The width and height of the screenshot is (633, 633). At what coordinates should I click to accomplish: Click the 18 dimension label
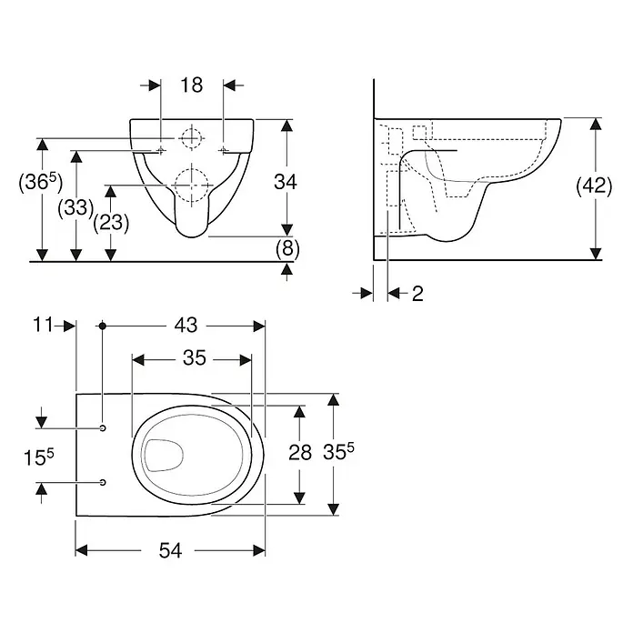[191, 85]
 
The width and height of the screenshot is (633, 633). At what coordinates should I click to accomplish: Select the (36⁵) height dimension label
[41, 182]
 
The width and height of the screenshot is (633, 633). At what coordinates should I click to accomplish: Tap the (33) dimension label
[75, 208]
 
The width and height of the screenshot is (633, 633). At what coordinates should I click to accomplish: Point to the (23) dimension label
[111, 223]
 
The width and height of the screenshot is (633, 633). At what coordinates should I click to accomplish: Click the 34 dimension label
[286, 182]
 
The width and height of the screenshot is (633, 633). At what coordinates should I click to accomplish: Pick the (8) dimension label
[287, 248]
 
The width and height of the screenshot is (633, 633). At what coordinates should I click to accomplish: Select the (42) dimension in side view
[594, 186]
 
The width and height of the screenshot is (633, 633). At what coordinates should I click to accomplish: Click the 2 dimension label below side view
[417, 294]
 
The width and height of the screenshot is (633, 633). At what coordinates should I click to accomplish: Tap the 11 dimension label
[43, 324]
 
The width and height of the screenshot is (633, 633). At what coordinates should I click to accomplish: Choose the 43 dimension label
[186, 325]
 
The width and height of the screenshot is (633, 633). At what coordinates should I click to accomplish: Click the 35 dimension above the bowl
[195, 357]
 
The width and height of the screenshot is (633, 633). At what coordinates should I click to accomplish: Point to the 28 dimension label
[300, 453]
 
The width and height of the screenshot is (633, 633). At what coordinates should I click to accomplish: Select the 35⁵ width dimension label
[338, 451]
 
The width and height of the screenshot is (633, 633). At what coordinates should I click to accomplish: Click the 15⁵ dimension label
[38, 457]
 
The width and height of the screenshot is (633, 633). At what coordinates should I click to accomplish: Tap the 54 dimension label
[170, 550]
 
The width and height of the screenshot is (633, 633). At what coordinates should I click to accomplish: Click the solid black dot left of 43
[103, 326]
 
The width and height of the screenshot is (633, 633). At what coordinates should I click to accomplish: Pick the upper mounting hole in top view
[103, 427]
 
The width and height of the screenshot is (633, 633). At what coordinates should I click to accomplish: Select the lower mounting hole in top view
[103, 482]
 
